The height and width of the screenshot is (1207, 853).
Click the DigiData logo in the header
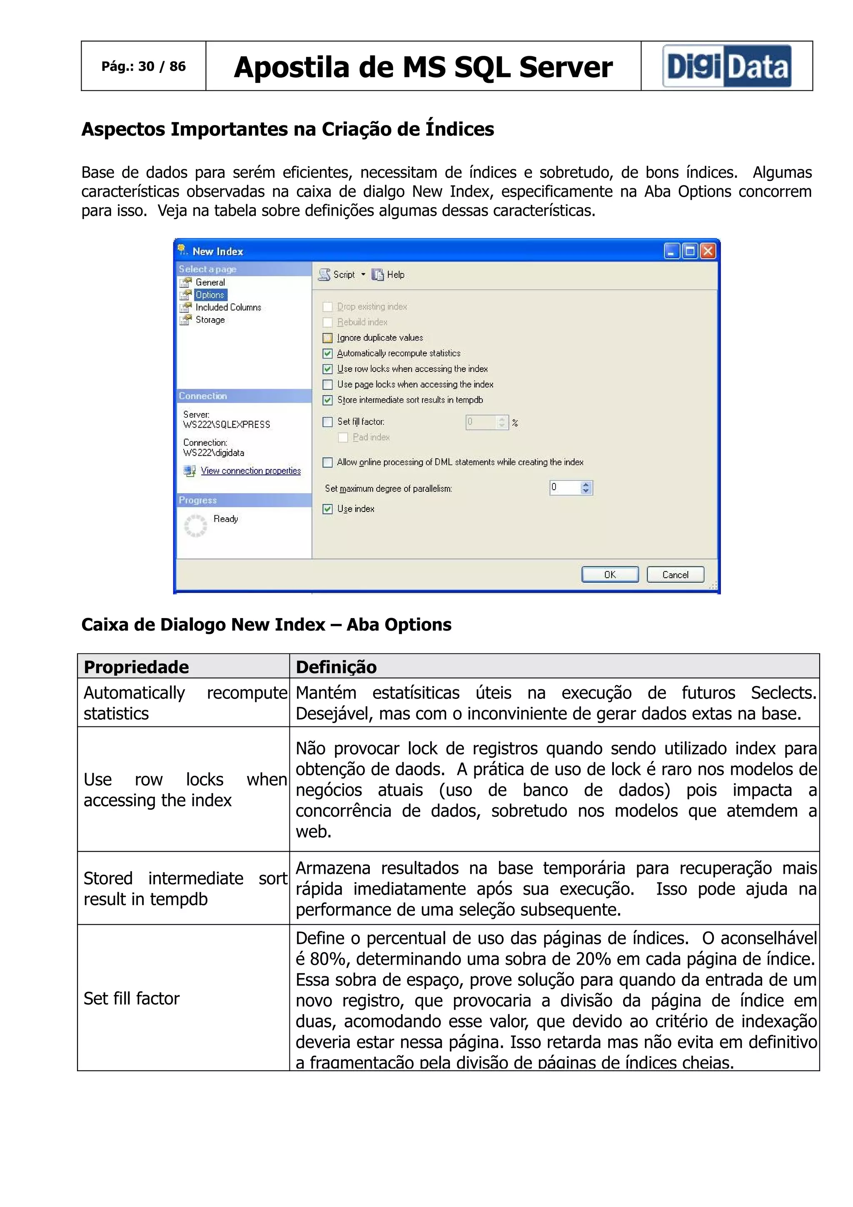727,66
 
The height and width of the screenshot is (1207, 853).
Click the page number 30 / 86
143,66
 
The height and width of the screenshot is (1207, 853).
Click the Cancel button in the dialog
675,575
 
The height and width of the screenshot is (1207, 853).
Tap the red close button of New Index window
708,251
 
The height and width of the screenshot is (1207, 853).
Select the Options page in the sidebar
210,295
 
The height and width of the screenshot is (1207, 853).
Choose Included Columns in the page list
228,307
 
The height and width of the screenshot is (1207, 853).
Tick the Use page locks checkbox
327,385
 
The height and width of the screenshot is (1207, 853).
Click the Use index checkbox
327,509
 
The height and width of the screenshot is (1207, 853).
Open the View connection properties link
251,471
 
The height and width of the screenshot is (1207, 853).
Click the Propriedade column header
137,666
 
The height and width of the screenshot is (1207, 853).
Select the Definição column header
337,666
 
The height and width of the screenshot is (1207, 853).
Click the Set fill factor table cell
131,998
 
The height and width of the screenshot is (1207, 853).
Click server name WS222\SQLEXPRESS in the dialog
227,425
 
